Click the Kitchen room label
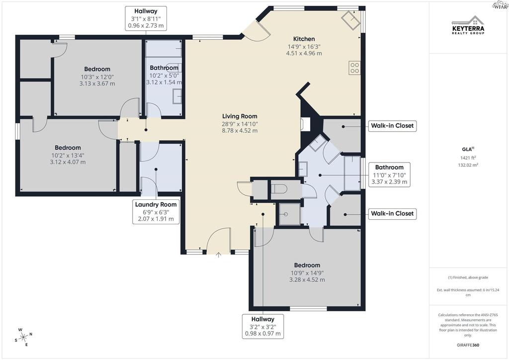[304, 39]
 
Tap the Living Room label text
[240, 116]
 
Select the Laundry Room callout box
[156, 212]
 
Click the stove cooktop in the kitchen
[354, 68]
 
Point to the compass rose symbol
[23, 338]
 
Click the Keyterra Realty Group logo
[468, 25]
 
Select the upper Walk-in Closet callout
[392, 126]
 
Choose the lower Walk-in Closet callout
[392, 214]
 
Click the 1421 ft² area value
[468, 158]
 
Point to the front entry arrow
[219, 255]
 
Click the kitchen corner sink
[350, 20]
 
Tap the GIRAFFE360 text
[468, 345]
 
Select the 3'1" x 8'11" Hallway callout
[146, 18]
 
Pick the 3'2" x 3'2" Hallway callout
[263, 326]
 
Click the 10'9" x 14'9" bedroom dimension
[307, 273]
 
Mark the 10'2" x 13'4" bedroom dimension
[68, 156]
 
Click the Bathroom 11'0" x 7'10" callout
[389, 175]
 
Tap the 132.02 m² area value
[468, 165]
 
